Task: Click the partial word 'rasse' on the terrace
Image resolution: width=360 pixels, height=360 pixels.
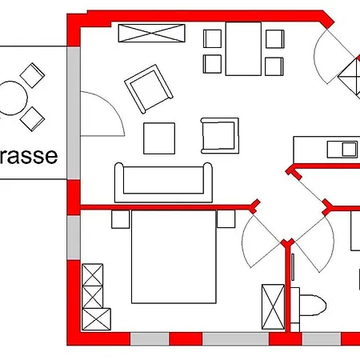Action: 29,155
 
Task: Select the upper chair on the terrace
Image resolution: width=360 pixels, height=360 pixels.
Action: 31,77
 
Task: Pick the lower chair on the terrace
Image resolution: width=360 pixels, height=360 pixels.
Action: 32,119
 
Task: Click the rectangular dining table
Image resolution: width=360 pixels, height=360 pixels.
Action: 243,47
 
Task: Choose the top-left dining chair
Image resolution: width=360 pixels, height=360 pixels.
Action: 213,39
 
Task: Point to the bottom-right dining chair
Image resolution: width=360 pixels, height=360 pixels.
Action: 274,64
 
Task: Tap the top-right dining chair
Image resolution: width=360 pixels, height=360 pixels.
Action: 274,38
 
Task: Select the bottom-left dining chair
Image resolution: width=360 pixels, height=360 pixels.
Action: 213,64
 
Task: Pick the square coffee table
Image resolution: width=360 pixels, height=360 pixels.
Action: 159,138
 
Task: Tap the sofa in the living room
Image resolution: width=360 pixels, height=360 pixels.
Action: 165,183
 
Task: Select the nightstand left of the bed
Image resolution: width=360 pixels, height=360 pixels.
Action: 121,219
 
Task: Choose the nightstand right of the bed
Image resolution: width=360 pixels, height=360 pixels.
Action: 226,218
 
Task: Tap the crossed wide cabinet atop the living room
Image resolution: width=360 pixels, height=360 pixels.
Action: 153,33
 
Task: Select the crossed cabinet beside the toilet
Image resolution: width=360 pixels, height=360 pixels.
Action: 273,306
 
